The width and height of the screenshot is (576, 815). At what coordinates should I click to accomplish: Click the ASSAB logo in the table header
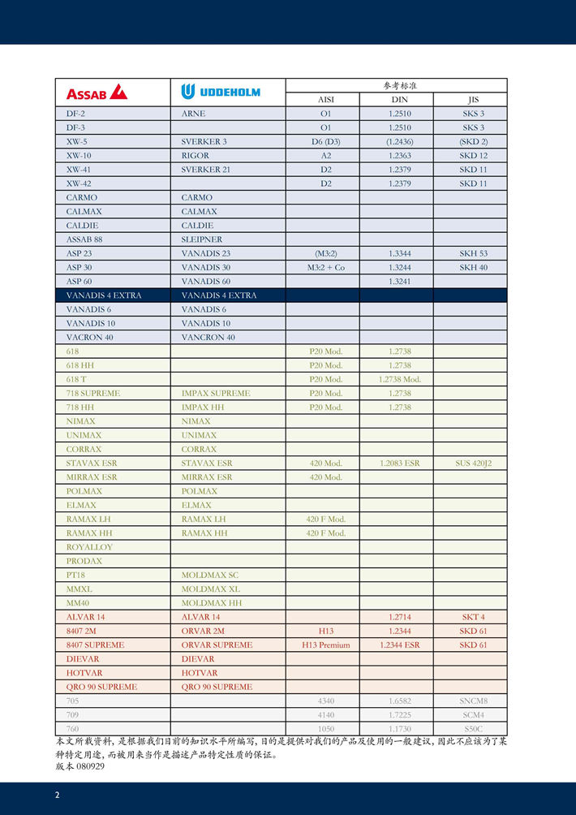97,92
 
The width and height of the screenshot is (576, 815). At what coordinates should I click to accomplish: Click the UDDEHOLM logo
221,92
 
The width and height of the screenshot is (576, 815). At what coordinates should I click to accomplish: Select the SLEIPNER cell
201,239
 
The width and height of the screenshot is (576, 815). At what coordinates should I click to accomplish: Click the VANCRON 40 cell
208,337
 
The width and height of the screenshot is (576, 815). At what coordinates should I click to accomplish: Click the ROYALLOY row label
89,547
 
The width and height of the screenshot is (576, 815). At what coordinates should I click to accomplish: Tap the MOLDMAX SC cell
209,575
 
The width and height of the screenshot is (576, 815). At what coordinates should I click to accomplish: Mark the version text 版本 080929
80,766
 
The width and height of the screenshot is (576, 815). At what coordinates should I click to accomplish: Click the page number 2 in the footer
58,795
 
